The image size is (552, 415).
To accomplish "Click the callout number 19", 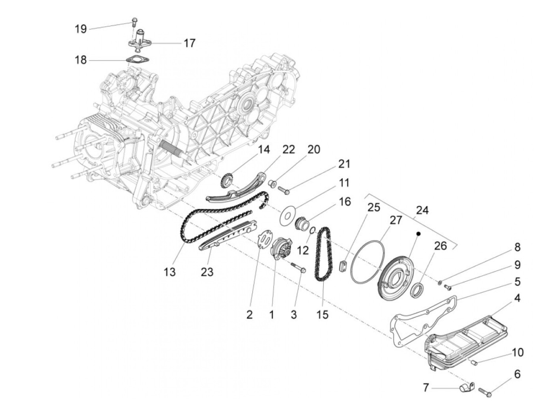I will coord(81,29).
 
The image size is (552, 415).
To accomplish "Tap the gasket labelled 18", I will coord(136,60).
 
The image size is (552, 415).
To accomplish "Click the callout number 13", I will coord(170,272).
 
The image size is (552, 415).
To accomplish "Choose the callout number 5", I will coord(517,282).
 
